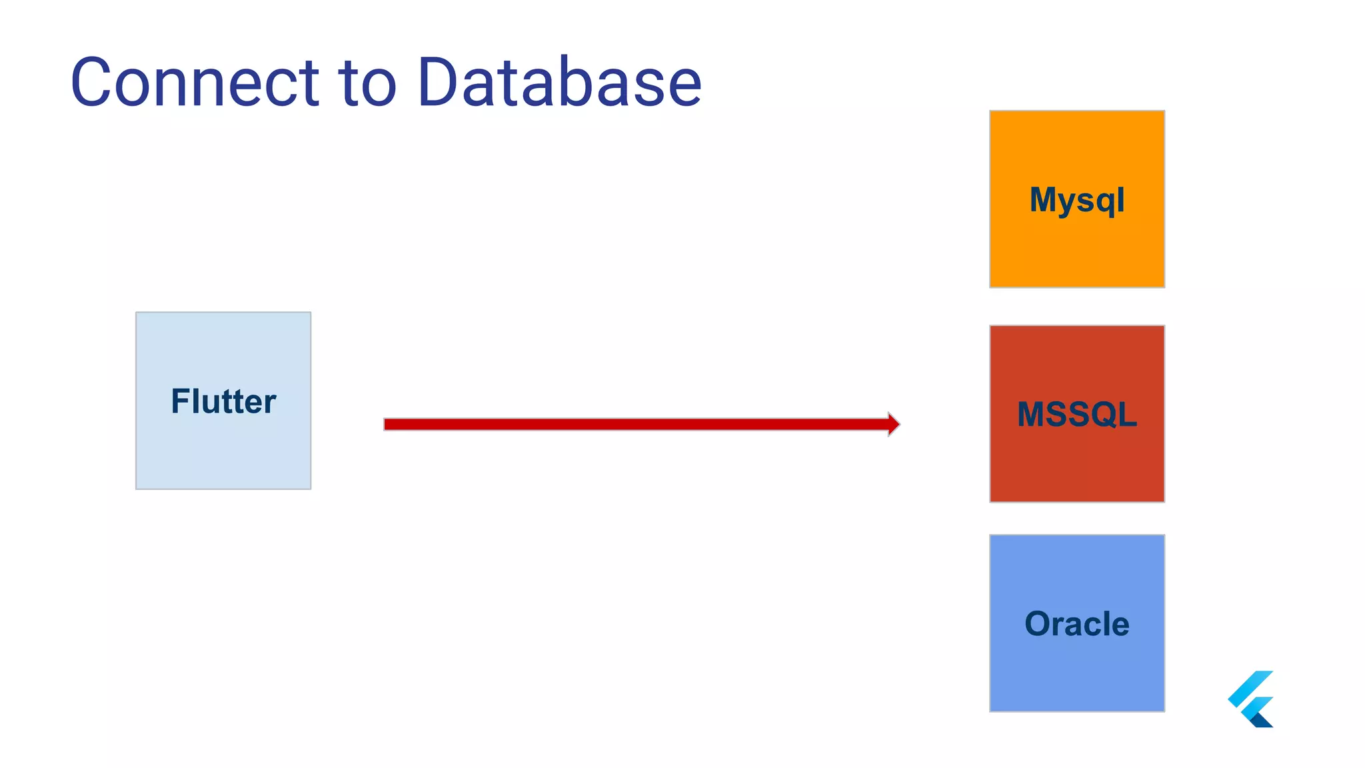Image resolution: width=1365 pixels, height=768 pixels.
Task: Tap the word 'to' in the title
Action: click(x=368, y=83)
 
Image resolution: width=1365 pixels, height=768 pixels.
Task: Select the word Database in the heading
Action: click(x=559, y=83)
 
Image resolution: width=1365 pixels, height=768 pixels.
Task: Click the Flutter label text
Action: click(x=223, y=401)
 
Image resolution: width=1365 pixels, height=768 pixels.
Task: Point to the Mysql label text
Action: click(x=1076, y=200)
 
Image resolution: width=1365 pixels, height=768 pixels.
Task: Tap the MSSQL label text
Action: click(x=1076, y=414)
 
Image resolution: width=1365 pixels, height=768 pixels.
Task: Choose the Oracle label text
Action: click(x=1076, y=624)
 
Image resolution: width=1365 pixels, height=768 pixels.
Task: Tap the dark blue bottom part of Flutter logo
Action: click(x=1262, y=721)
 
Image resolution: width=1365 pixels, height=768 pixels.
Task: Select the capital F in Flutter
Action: click(x=180, y=401)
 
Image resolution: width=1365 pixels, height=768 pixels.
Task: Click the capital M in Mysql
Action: click(x=1044, y=199)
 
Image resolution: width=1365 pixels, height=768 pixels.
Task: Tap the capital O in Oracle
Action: click(x=1038, y=624)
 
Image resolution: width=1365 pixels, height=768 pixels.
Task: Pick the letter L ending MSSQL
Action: click(x=1127, y=414)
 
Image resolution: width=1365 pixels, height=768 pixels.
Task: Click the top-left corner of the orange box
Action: click(x=991, y=112)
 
